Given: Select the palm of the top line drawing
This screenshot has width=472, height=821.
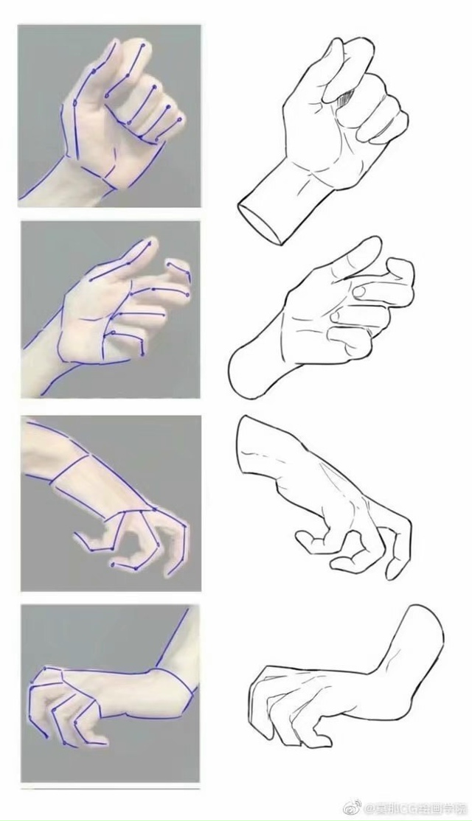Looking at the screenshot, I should [310, 140].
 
